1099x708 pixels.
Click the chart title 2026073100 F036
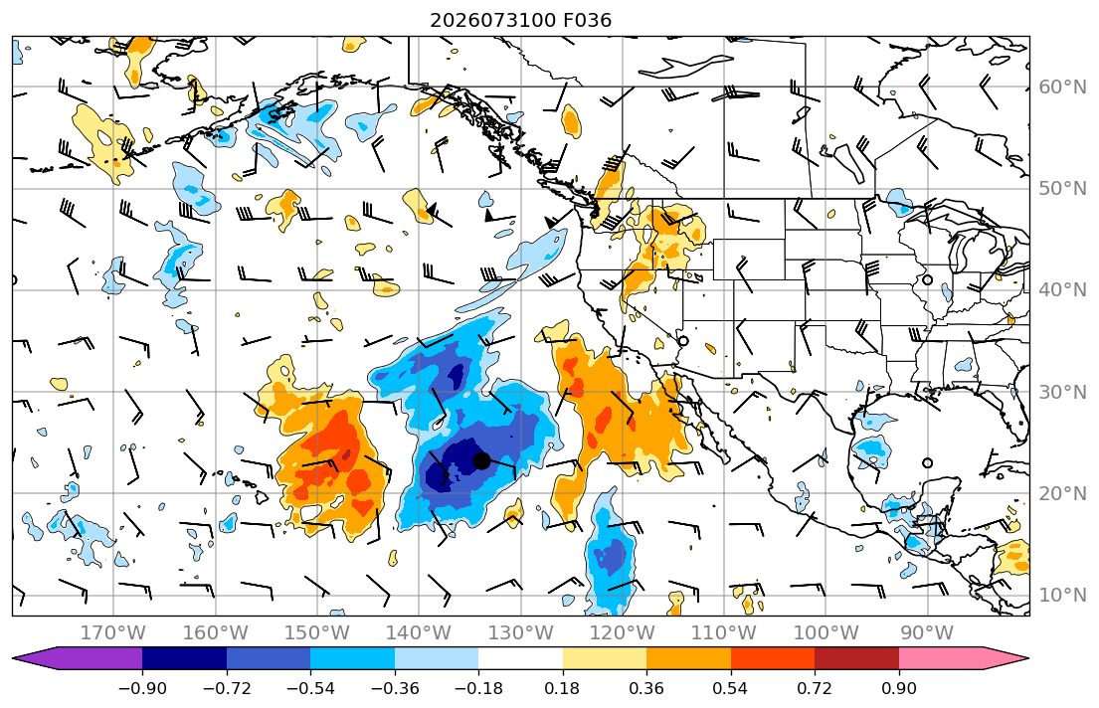click(520, 20)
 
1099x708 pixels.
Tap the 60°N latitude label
click(1062, 87)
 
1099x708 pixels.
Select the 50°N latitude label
click(1062, 189)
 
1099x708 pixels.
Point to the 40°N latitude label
click(1062, 290)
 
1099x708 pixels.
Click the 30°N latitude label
click(1062, 392)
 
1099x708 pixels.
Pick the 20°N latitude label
click(1062, 493)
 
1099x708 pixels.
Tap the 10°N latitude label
click(1062, 596)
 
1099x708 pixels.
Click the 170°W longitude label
click(113, 633)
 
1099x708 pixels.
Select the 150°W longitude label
click(317, 633)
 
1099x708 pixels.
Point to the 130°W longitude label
click(521, 633)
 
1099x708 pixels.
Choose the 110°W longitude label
click(724, 633)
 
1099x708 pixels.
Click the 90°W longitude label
click(927, 633)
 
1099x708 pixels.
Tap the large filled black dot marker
click(481, 460)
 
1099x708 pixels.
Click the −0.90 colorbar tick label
click(142, 688)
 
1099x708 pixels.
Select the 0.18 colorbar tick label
click(563, 688)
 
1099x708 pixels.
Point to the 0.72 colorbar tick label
click(815, 688)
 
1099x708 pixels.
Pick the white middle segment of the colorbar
click(521, 658)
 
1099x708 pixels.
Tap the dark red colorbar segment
click(856, 658)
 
